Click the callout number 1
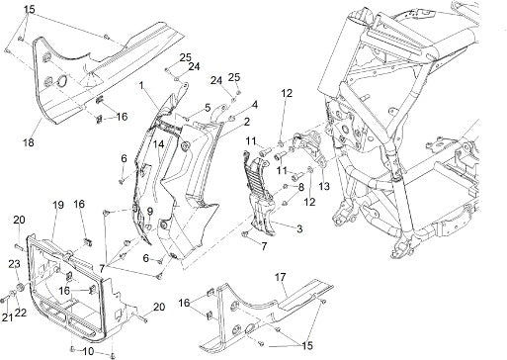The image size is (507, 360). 142,86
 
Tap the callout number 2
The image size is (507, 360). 246,122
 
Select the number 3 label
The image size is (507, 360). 299,228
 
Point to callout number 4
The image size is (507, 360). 254,105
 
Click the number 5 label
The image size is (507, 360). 208,108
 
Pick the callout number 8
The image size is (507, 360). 300,188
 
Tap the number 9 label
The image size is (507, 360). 150,211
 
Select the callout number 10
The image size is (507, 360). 89,351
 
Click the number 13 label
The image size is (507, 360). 324,186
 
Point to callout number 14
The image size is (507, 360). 158,144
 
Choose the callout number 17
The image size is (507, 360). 281,277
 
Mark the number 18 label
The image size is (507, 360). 29,142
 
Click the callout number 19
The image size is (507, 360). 58,205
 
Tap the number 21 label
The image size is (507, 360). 8,317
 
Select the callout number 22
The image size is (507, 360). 20,313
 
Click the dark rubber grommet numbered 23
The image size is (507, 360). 20,288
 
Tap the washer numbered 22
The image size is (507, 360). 12,294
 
